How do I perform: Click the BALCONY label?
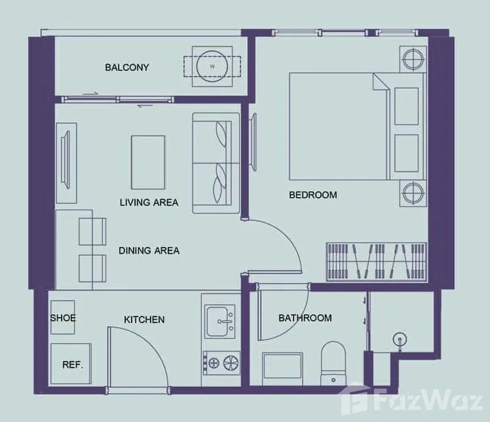click(127, 67)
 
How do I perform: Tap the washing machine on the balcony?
click(212, 66)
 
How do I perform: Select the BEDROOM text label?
click(313, 195)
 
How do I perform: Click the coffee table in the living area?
click(148, 163)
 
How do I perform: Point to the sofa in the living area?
click(216, 163)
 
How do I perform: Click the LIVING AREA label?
click(149, 202)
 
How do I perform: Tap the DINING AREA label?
click(149, 250)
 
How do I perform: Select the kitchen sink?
click(220, 322)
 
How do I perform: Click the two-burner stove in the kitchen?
click(221, 362)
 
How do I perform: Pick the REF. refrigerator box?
click(71, 364)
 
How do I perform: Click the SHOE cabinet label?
click(63, 318)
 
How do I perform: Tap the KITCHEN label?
click(144, 320)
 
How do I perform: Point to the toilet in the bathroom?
click(333, 364)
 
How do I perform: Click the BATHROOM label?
click(305, 318)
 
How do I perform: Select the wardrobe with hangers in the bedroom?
click(377, 261)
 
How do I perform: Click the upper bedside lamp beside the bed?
click(413, 59)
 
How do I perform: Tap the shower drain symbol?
click(400, 339)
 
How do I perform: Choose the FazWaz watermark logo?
click(413, 399)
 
